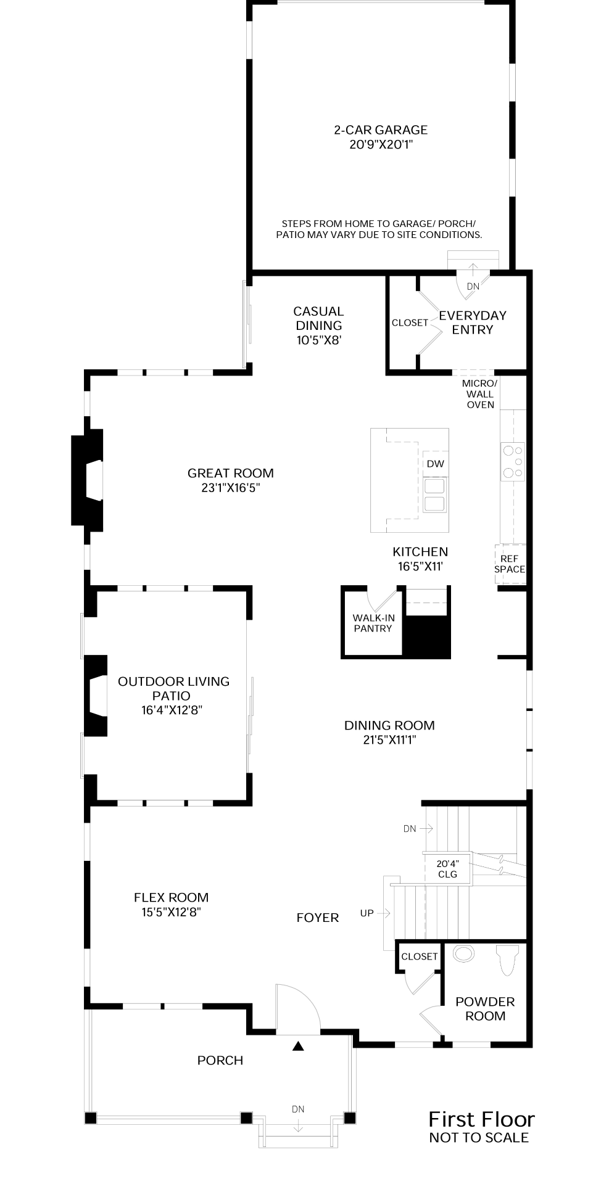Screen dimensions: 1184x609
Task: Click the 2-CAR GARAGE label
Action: pyautogui.click(x=380, y=130)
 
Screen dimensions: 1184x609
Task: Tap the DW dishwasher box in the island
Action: pyautogui.click(x=435, y=464)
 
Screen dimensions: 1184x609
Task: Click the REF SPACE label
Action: pyautogui.click(x=509, y=564)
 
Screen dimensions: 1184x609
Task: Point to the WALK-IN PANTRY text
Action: pyautogui.click(x=373, y=623)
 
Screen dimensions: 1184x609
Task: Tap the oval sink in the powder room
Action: pyautogui.click(x=463, y=954)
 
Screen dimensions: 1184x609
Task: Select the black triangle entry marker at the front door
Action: pyautogui.click(x=298, y=1046)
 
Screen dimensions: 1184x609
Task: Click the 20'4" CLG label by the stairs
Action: pyautogui.click(x=447, y=869)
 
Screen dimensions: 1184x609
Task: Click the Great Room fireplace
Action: pyautogui.click(x=88, y=480)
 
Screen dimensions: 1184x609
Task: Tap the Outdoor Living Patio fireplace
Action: pyautogui.click(x=96, y=696)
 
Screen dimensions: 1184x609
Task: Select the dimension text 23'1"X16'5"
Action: pyautogui.click(x=231, y=488)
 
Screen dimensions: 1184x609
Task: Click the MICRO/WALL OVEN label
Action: pyautogui.click(x=479, y=393)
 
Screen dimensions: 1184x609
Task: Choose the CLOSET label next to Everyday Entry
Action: pyautogui.click(x=410, y=323)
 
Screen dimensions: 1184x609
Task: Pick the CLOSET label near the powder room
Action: pyautogui.click(x=419, y=956)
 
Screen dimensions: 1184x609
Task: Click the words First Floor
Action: pyautogui.click(x=481, y=1119)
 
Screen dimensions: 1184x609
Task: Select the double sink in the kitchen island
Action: pyautogui.click(x=434, y=495)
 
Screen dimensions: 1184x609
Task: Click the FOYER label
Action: pyautogui.click(x=317, y=918)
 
